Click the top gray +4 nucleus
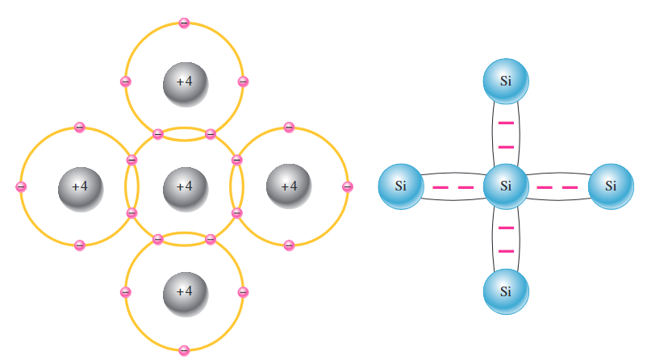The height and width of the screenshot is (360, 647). click(185, 82)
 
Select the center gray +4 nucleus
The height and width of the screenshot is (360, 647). click(185, 186)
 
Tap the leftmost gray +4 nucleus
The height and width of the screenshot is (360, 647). click(80, 186)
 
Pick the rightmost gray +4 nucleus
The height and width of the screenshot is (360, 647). click(289, 186)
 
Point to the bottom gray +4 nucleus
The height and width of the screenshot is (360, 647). click(185, 291)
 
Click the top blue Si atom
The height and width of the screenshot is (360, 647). click(506, 82)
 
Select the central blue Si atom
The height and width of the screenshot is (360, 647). click(506, 186)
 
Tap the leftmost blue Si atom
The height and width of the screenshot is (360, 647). click(401, 186)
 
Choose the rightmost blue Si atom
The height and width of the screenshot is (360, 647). click(611, 186)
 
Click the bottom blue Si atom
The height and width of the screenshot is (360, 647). click(506, 291)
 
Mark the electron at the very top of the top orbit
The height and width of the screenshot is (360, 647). click(184, 23)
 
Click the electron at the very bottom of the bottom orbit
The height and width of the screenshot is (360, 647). click(184, 350)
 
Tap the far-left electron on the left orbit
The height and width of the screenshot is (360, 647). click(21, 186)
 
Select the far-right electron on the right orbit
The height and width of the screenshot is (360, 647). click(348, 186)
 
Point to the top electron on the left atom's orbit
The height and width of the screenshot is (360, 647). click(79, 128)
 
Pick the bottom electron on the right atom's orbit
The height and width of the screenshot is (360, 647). click(289, 245)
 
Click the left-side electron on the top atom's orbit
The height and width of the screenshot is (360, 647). click(125, 82)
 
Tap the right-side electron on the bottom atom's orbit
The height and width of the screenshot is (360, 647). click(243, 291)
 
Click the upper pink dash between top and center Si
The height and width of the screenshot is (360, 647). click(506, 123)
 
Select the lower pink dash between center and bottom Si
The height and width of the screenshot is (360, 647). click(506, 251)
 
